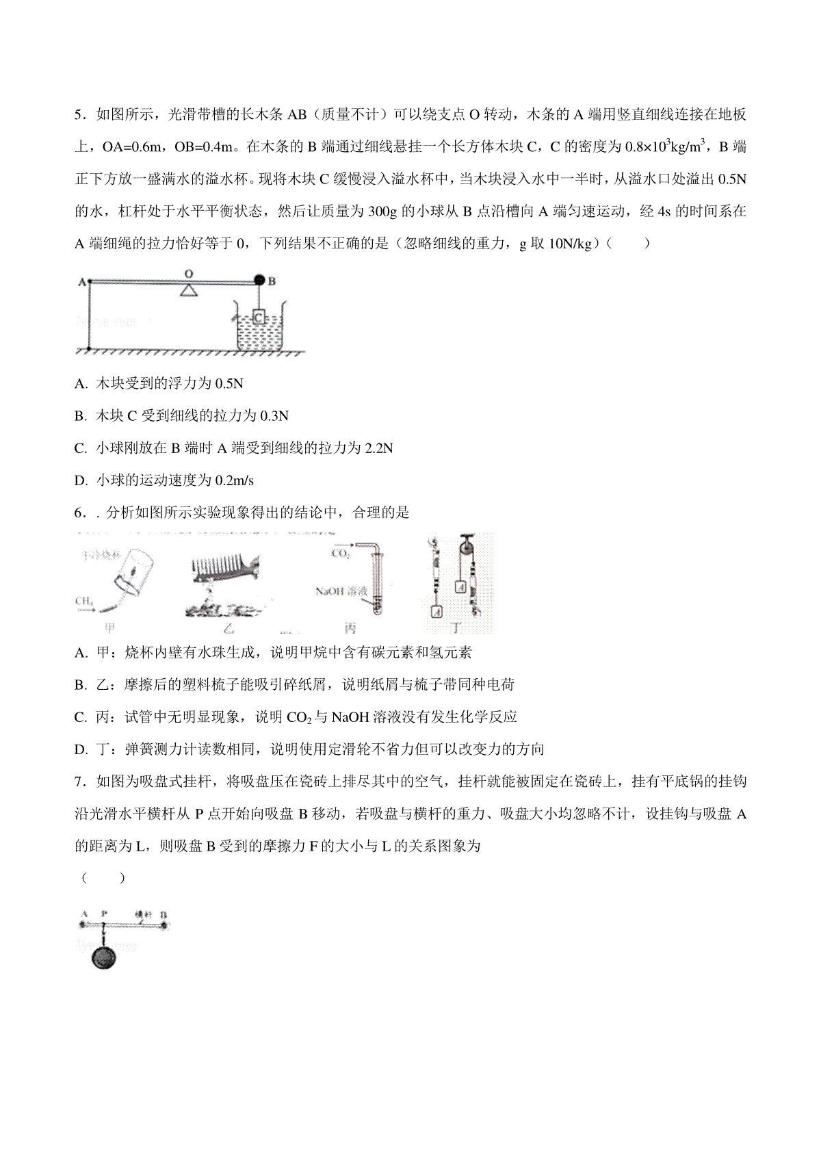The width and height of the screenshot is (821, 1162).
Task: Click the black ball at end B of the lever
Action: [x=260, y=280]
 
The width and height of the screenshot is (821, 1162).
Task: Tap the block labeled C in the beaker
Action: [x=258, y=317]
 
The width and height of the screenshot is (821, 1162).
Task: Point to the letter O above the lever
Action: [x=190, y=273]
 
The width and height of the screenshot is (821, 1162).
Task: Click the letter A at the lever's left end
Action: [x=81, y=281]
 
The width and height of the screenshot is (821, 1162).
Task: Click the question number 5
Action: [x=79, y=114]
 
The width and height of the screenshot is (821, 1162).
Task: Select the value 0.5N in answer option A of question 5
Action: [x=229, y=384]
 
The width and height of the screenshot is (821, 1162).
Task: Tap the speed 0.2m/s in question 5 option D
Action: [x=235, y=480]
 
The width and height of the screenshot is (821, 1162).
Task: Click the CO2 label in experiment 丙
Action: [x=340, y=554]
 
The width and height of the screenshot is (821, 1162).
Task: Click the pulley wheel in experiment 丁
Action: [x=467, y=550]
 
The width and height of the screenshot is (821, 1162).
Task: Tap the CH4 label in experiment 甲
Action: [x=85, y=601]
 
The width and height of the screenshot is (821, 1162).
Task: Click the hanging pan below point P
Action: [x=103, y=957]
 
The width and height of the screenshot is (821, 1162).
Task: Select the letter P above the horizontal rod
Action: [x=104, y=914]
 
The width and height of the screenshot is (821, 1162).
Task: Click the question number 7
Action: [x=79, y=782]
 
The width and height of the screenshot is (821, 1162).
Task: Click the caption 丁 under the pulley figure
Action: [x=456, y=628]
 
